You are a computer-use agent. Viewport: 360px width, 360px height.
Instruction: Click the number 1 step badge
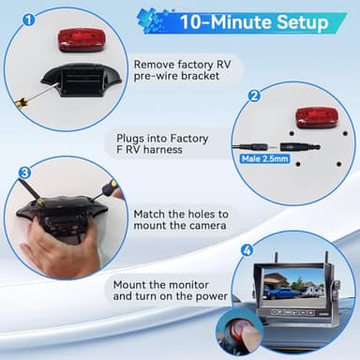pos(28,19)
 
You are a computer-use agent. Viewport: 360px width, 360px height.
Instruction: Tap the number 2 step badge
pos(253,96)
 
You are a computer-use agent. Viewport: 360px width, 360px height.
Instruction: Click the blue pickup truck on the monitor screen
pos(280,292)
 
